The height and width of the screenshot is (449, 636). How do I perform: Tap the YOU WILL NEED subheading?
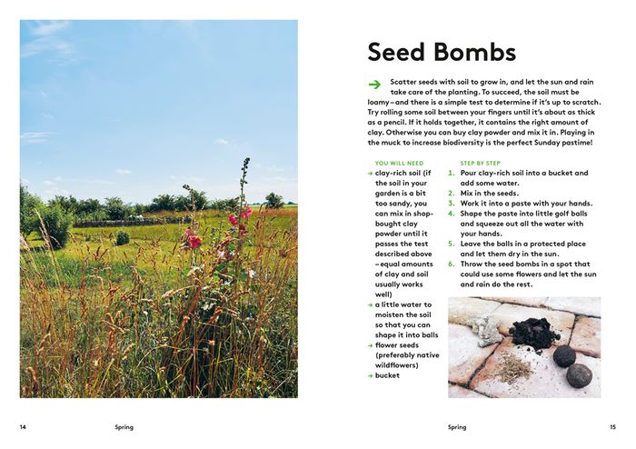(x=399, y=163)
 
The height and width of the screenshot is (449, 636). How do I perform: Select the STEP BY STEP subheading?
(x=481, y=163)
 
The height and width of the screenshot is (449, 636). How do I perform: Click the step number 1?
(x=452, y=173)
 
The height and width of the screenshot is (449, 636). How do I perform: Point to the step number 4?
(x=452, y=213)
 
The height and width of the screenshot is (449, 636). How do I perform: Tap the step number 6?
(x=452, y=264)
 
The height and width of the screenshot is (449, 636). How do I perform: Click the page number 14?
(x=23, y=426)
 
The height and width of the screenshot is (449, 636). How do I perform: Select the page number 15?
(x=612, y=426)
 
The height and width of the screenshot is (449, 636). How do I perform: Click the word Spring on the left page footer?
(x=124, y=426)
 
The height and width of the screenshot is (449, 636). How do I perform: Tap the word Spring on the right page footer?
(x=457, y=426)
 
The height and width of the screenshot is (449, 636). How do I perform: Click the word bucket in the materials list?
(x=387, y=375)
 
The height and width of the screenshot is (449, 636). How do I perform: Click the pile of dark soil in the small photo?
(x=535, y=332)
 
